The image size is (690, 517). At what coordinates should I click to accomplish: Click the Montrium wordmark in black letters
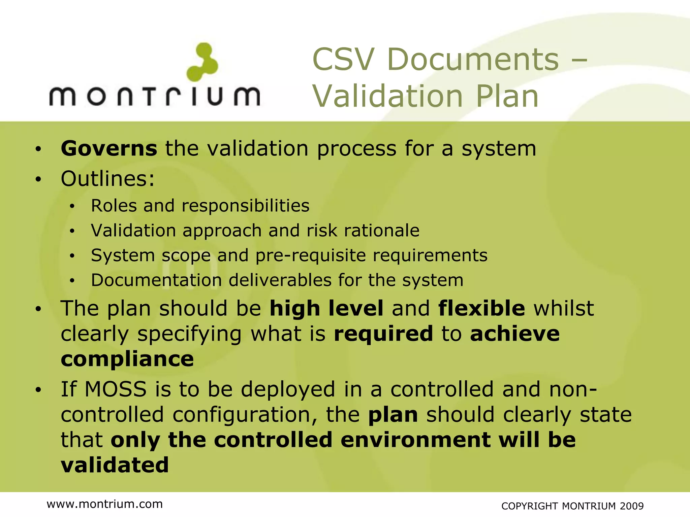pos(155,96)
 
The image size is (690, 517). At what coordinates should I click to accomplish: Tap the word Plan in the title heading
pos(507,97)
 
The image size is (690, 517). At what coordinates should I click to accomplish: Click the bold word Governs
pos(109,148)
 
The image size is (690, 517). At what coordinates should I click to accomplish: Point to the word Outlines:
pos(107,178)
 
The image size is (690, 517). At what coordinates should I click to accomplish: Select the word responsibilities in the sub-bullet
pos(245,206)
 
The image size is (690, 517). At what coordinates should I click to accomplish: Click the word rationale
pos(382,231)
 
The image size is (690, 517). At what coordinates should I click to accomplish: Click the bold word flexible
pos(481,308)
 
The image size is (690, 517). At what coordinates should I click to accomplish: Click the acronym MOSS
pos(116,389)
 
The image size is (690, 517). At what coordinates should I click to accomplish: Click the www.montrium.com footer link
pos(104,504)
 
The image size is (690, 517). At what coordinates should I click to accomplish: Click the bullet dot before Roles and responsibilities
pos(72,206)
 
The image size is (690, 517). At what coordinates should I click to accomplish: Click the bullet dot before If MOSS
pos(38,390)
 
